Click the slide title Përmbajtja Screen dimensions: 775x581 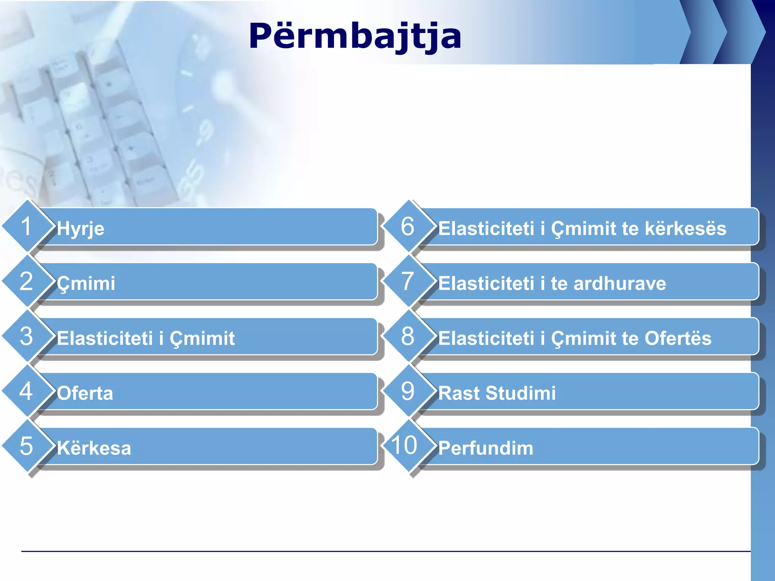coord(355,36)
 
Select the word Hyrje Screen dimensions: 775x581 coord(81,229)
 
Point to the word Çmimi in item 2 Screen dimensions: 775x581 coord(86,284)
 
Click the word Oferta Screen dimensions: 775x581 coord(85,393)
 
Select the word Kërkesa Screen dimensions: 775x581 coord(94,447)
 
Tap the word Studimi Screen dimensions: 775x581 coord(521,393)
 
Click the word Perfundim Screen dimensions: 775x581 coord(486,448)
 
